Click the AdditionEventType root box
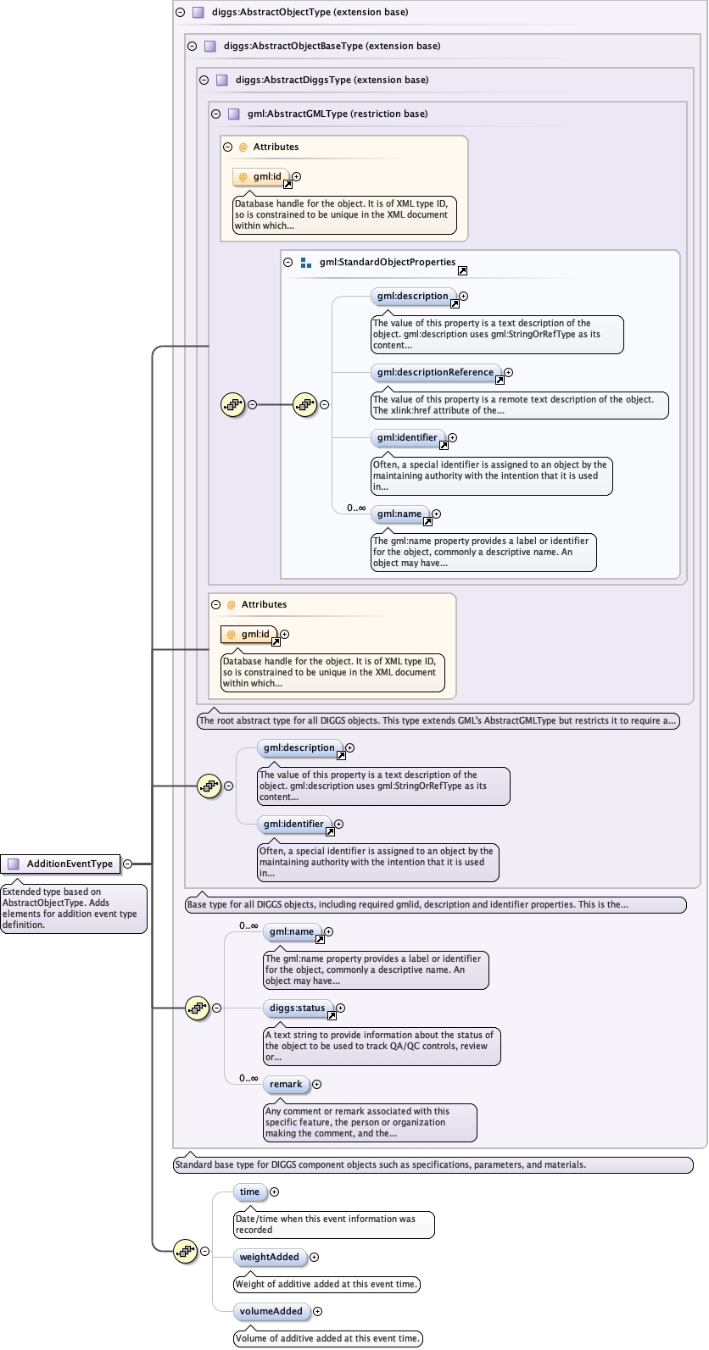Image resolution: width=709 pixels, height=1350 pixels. coord(61,864)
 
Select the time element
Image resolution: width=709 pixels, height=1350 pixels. coord(249,1192)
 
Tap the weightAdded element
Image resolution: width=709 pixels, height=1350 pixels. coord(269,1257)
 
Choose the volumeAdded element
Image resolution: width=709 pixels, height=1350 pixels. coord(271,1311)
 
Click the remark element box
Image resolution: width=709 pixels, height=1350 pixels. coord(286,1084)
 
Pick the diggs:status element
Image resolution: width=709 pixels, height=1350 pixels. coord(297,1008)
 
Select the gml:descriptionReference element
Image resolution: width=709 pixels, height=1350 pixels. coord(435,372)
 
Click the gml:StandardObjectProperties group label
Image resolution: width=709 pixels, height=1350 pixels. coord(388,262)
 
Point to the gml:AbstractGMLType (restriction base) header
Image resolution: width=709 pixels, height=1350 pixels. coord(338,114)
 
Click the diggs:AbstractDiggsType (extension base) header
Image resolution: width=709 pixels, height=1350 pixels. coord(332,80)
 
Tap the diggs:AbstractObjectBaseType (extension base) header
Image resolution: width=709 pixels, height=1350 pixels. coord(332,46)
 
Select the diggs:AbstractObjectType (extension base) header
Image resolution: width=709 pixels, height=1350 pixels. coord(310,12)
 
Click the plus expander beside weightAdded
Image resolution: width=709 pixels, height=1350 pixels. coord(315,1258)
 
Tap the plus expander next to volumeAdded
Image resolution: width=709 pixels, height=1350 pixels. coord(318,1312)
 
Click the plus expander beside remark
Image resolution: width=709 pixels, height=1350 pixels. coord(316,1085)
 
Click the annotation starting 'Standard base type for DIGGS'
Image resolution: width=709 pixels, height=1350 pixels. coord(380,1164)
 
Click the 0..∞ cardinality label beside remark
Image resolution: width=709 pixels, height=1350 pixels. coord(248,1078)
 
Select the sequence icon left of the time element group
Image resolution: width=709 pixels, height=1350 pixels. coord(184,1251)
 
